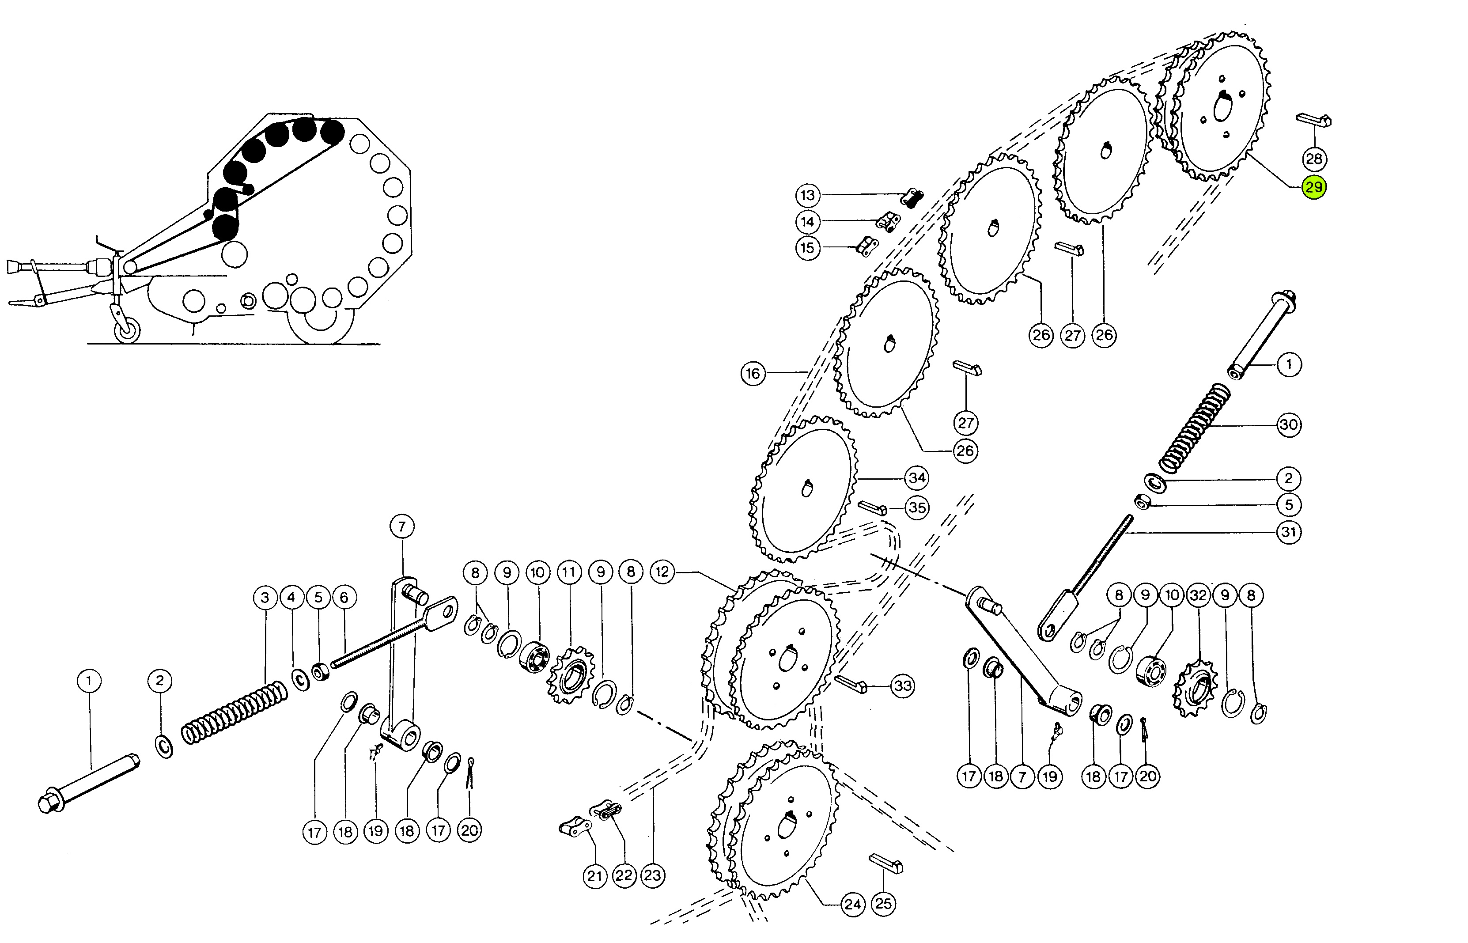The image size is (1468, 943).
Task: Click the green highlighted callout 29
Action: pyautogui.click(x=1314, y=187)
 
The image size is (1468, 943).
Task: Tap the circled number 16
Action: pyautogui.click(x=753, y=374)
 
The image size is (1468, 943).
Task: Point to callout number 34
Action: pyautogui.click(x=916, y=477)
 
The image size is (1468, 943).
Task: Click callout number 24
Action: pyautogui.click(x=853, y=904)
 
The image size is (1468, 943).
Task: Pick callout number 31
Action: pyautogui.click(x=1289, y=531)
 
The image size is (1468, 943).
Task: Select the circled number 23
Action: pyautogui.click(x=653, y=875)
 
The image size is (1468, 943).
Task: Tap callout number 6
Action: pyautogui.click(x=344, y=597)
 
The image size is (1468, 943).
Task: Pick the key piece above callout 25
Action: pyautogui.click(x=886, y=863)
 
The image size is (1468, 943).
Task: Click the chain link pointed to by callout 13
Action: pyautogui.click(x=912, y=198)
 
